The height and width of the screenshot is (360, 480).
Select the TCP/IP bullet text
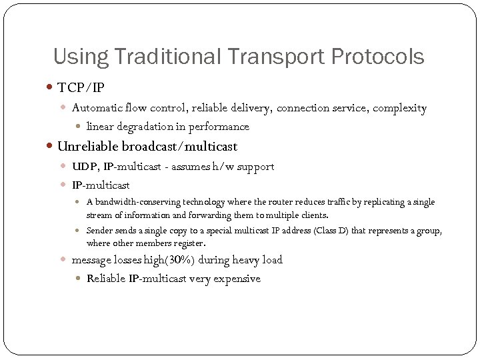(x=81, y=87)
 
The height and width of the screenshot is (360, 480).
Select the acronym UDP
(x=83, y=167)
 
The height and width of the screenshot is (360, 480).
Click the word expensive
(x=237, y=279)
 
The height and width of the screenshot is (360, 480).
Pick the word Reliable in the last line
(x=108, y=279)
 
